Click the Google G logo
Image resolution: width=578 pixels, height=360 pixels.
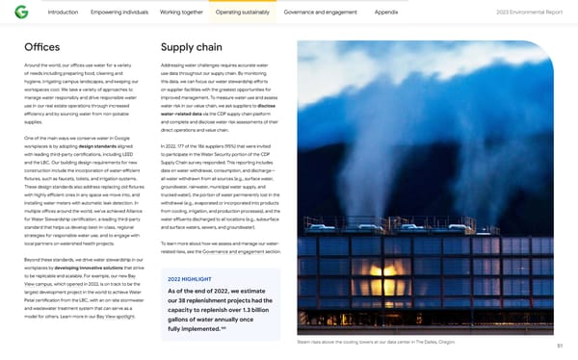[21, 13]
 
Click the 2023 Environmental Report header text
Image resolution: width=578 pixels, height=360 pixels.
[530, 13]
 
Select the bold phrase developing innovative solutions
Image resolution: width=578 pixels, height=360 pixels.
[92, 267]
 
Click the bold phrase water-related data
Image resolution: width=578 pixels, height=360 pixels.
[184, 114]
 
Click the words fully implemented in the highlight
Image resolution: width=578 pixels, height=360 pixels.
[199, 329]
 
